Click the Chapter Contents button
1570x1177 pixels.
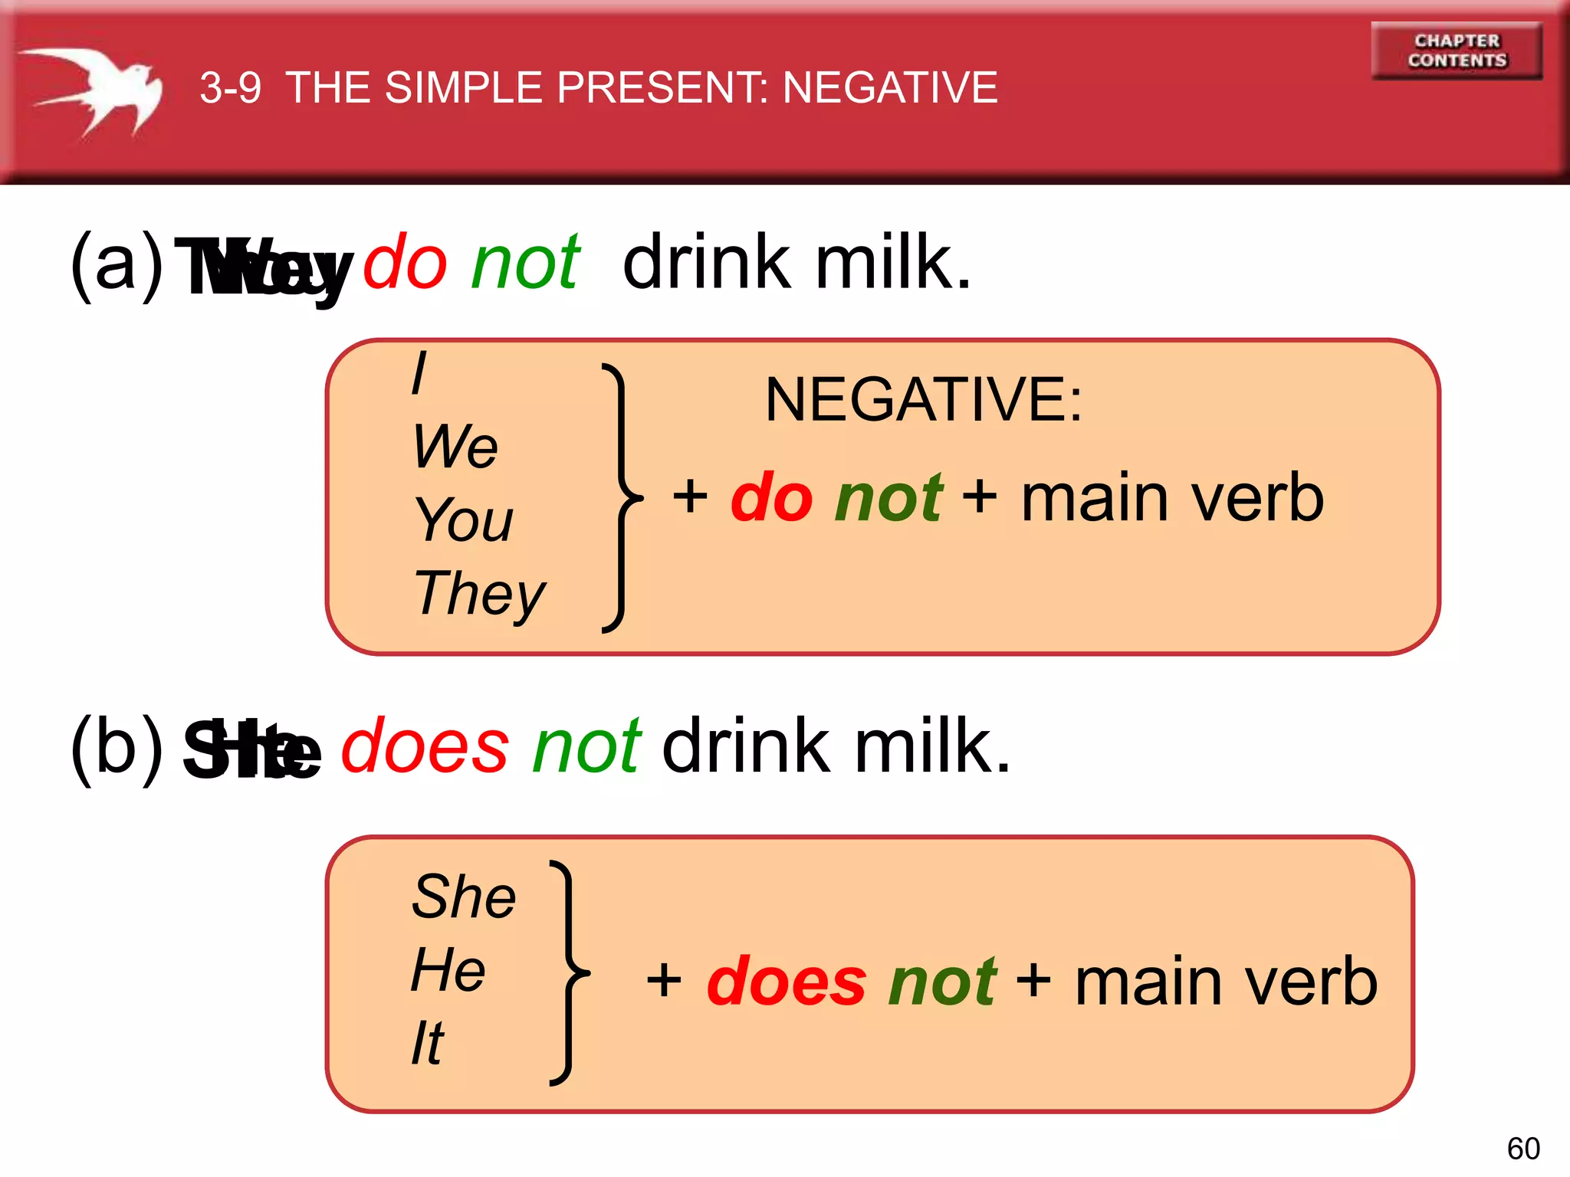click(x=1457, y=51)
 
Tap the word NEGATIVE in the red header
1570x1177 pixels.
click(x=890, y=87)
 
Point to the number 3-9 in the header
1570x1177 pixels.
click(x=230, y=87)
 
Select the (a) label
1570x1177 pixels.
click(x=117, y=264)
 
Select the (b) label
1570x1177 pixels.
click(x=117, y=748)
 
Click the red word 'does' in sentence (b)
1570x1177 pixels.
click(x=425, y=746)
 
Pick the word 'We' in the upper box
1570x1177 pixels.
click(x=455, y=446)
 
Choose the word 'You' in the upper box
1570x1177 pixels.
click(x=463, y=520)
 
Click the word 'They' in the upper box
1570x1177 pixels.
click(x=479, y=593)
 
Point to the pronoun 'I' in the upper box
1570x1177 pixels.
click(x=419, y=373)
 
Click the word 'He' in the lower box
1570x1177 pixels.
click(x=448, y=969)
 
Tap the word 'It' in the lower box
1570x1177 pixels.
click(x=427, y=1043)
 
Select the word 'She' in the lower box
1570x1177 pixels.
click(x=463, y=896)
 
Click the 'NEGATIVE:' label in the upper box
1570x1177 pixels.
click(x=924, y=399)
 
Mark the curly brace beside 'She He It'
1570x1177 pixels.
click(x=569, y=973)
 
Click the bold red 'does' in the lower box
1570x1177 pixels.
click(x=786, y=982)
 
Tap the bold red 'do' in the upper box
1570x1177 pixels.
click(x=771, y=498)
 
